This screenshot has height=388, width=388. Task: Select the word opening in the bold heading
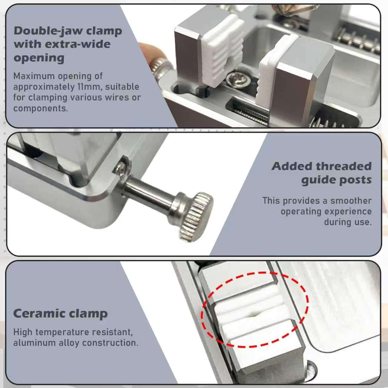click(39, 58)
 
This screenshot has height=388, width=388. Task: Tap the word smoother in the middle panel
click(351, 201)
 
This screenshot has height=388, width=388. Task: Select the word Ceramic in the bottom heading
click(38, 313)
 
